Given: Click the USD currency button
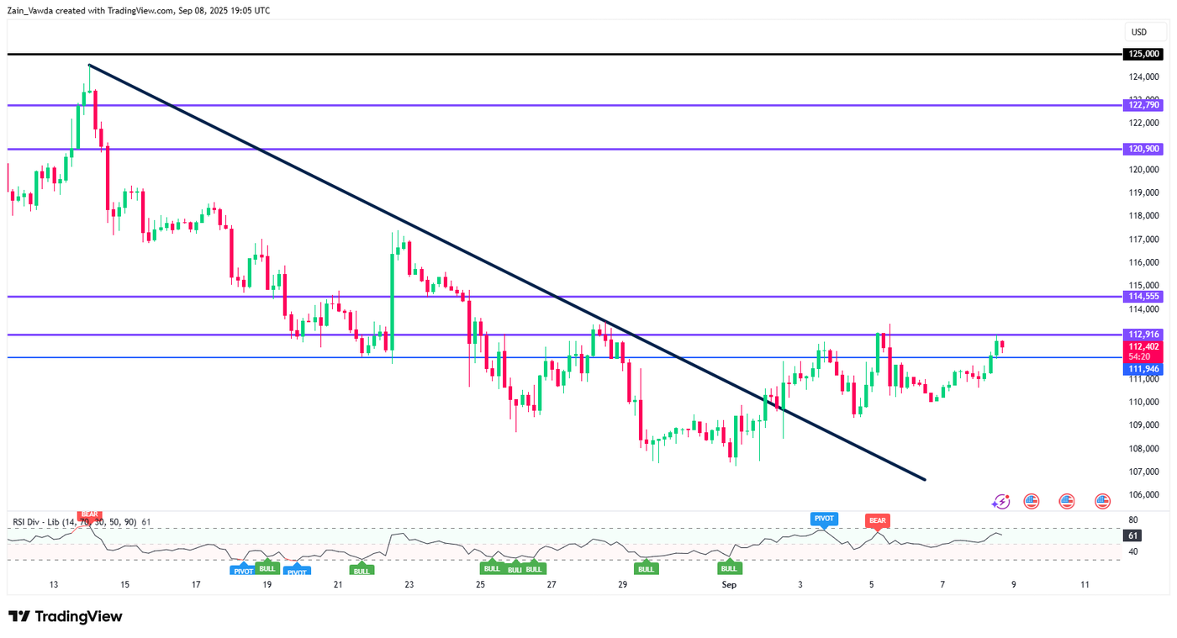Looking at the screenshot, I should (x=1139, y=32).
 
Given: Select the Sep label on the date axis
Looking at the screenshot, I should (x=729, y=584).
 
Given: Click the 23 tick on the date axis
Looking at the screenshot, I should (x=409, y=584).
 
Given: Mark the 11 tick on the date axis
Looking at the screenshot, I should (x=1085, y=584).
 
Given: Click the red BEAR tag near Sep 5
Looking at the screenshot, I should (x=877, y=521).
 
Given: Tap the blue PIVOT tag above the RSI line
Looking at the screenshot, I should (x=823, y=518).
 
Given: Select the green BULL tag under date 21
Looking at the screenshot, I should (x=362, y=571).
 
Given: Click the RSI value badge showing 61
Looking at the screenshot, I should (x=1133, y=535).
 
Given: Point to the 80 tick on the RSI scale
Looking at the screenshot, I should (x=1133, y=519).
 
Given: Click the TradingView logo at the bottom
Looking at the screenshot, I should (x=66, y=616).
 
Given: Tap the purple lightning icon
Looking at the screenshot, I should (x=1000, y=501).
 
